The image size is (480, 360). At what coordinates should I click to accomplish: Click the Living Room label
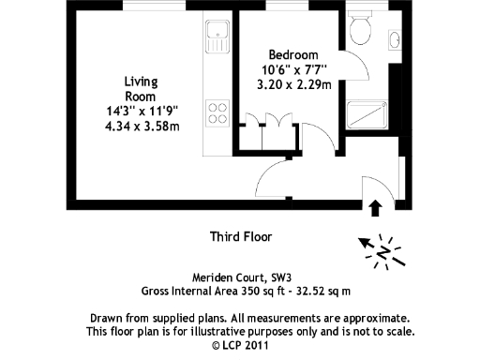(x=141, y=89)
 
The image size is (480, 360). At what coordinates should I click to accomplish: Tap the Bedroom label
(x=293, y=54)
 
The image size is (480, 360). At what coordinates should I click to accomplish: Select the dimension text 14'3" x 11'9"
(x=141, y=110)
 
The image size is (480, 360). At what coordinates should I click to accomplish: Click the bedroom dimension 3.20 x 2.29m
(x=293, y=83)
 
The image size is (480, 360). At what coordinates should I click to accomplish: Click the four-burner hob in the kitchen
(x=217, y=113)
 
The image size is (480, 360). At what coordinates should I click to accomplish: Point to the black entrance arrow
(x=377, y=207)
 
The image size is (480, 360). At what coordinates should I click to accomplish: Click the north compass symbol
(x=383, y=250)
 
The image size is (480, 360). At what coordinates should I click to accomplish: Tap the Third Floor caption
(x=240, y=237)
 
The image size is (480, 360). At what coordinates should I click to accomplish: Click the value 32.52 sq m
(x=324, y=292)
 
